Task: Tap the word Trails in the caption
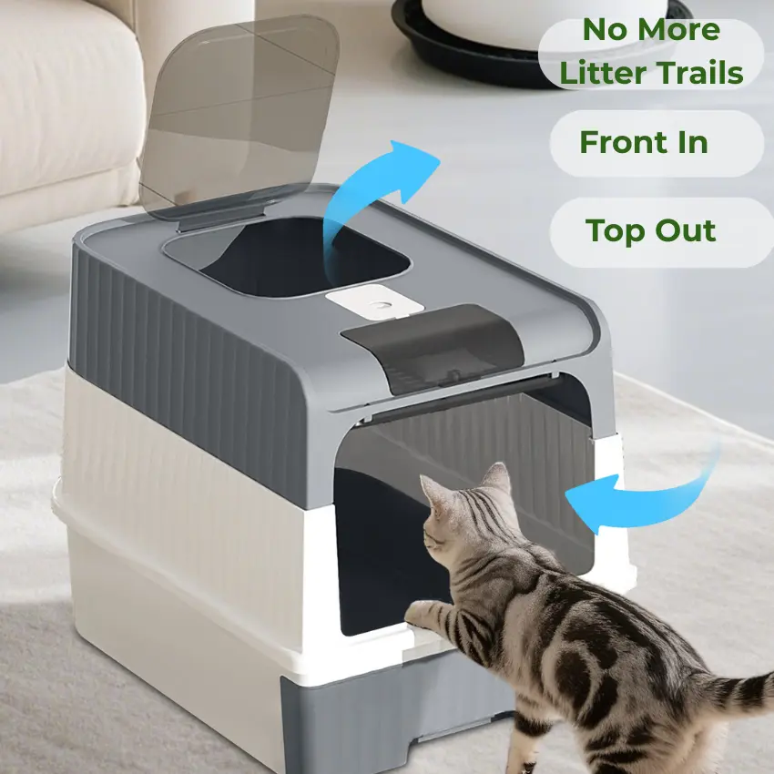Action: [700, 73]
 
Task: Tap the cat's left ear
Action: [497, 478]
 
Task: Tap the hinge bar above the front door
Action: [464, 398]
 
